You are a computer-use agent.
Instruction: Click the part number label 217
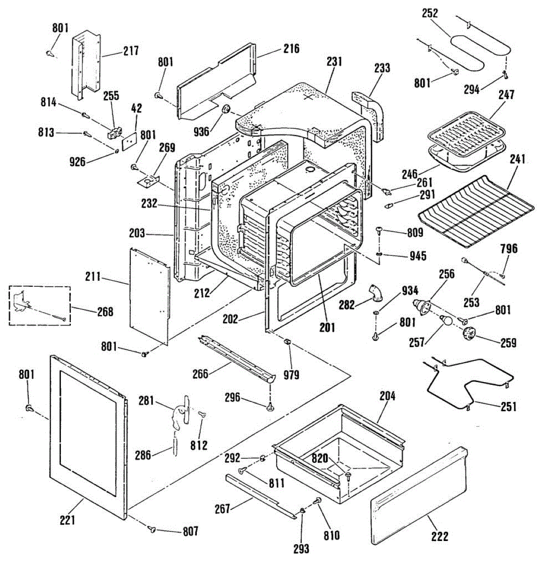131,50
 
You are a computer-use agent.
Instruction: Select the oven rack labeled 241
476,210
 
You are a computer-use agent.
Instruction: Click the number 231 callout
334,62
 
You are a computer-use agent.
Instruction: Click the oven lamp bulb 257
445,321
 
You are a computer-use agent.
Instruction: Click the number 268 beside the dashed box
105,311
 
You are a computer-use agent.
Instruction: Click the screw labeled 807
153,530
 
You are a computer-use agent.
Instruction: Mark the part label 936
201,131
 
